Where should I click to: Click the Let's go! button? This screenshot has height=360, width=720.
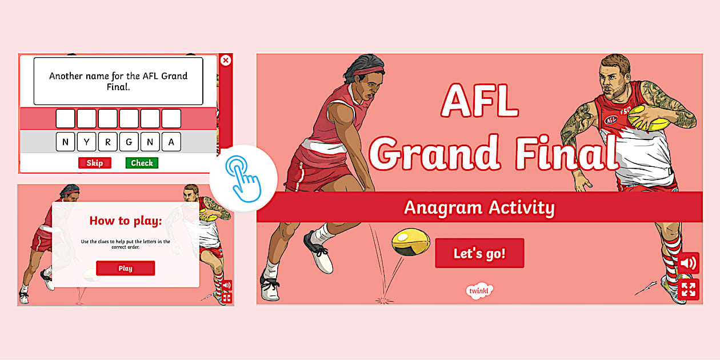(479, 253)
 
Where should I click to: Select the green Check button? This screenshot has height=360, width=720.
(142, 163)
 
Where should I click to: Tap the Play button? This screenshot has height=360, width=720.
(125, 268)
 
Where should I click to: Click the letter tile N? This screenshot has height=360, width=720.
(65, 142)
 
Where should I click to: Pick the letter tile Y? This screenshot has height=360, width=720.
(86, 142)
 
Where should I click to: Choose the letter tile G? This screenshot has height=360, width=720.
(129, 142)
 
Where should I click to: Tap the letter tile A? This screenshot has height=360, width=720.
(171, 142)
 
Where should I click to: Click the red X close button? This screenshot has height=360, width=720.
(226, 60)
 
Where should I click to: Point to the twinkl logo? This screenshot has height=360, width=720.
(479, 291)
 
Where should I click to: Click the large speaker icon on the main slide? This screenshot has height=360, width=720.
(688, 263)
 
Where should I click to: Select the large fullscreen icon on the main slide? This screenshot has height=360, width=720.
(688, 289)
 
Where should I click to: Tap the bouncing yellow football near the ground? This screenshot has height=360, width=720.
(410, 242)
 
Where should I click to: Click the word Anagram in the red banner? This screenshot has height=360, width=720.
(441, 207)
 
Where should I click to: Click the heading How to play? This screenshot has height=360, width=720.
(126, 221)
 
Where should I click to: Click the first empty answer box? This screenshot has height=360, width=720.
(65, 119)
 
